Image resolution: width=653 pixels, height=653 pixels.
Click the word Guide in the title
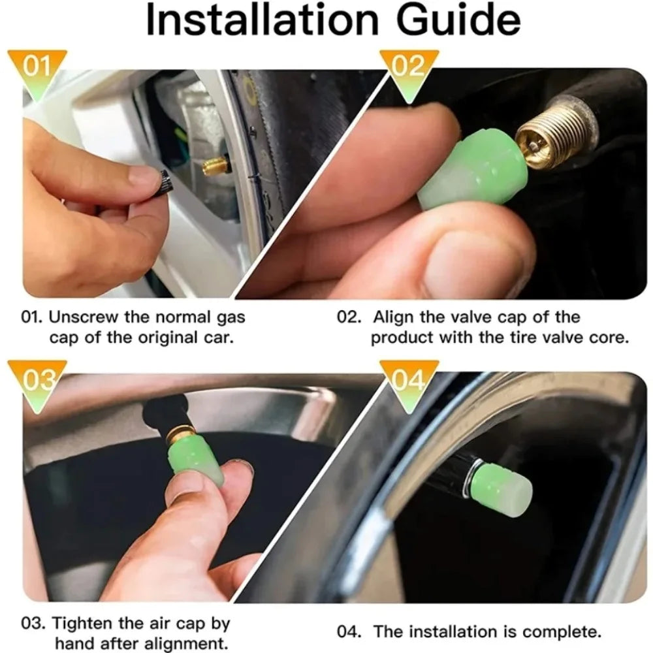[453, 21]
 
